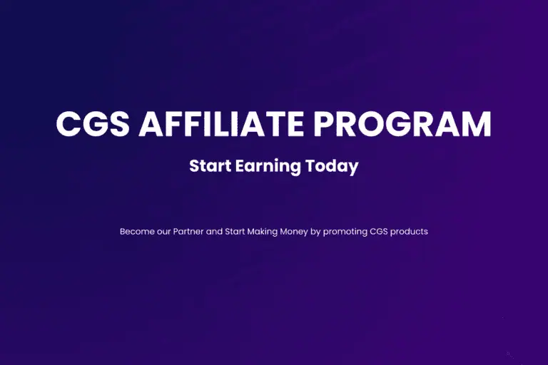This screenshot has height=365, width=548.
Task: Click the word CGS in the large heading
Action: pos(93,123)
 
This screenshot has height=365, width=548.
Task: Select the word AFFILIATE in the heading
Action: pos(221,123)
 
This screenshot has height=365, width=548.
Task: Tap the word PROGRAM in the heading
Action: pos(402,123)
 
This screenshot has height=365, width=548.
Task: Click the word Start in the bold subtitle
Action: pos(210,166)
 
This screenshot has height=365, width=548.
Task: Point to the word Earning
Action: pos(268,167)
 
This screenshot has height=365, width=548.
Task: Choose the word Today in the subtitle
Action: pos(332,167)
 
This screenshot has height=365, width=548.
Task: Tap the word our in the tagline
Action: pos(164,232)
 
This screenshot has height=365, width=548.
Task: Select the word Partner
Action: pos(188,232)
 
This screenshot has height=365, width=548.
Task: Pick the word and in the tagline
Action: pos(214,232)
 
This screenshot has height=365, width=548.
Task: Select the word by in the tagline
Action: pos(315,232)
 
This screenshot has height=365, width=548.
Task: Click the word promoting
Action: pos(345,232)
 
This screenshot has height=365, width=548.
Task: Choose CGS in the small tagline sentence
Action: pos(379,232)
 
